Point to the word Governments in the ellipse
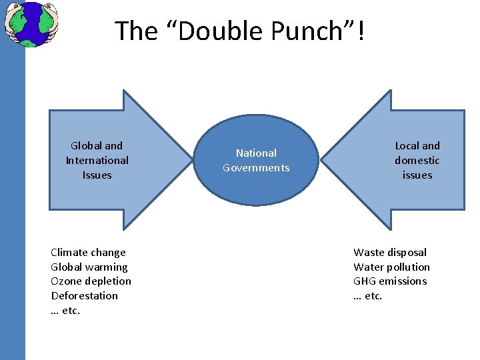[x=257, y=168]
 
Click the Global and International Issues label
[x=97, y=160]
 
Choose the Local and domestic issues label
[x=417, y=160]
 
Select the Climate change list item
[x=88, y=252]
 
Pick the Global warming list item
[x=89, y=267]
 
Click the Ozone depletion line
[x=91, y=281]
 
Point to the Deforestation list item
[x=84, y=295]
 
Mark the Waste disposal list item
[x=390, y=252]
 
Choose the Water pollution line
[x=391, y=267]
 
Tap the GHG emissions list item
[x=390, y=281]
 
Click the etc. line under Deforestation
[x=65, y=311]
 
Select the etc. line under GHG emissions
[x=367, y=296]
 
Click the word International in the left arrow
[x=97, y=160]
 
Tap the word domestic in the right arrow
[x=417, y=160]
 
